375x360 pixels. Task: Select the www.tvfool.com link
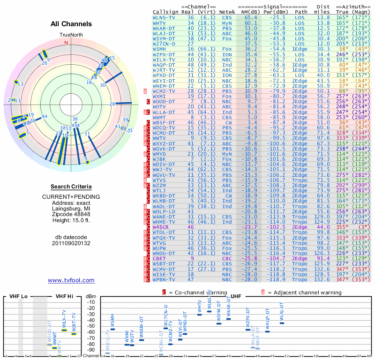click(x=71, y=280)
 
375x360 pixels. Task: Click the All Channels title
click(x=71, y=24)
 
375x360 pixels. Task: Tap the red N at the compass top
click(x=66, y=43)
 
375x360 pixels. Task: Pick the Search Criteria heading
click(x=71, y=187)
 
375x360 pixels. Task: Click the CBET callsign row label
click(x=160, y=258)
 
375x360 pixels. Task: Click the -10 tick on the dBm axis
click(x=91, y=302)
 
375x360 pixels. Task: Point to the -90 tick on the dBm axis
click(x=91, y=350)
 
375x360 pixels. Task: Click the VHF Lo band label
click(x=19, y=296)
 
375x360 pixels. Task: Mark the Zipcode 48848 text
click(x=71, y=215)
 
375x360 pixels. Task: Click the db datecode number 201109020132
click(x=71, y=243)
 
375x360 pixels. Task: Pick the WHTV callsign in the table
click(x=159, y=22)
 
